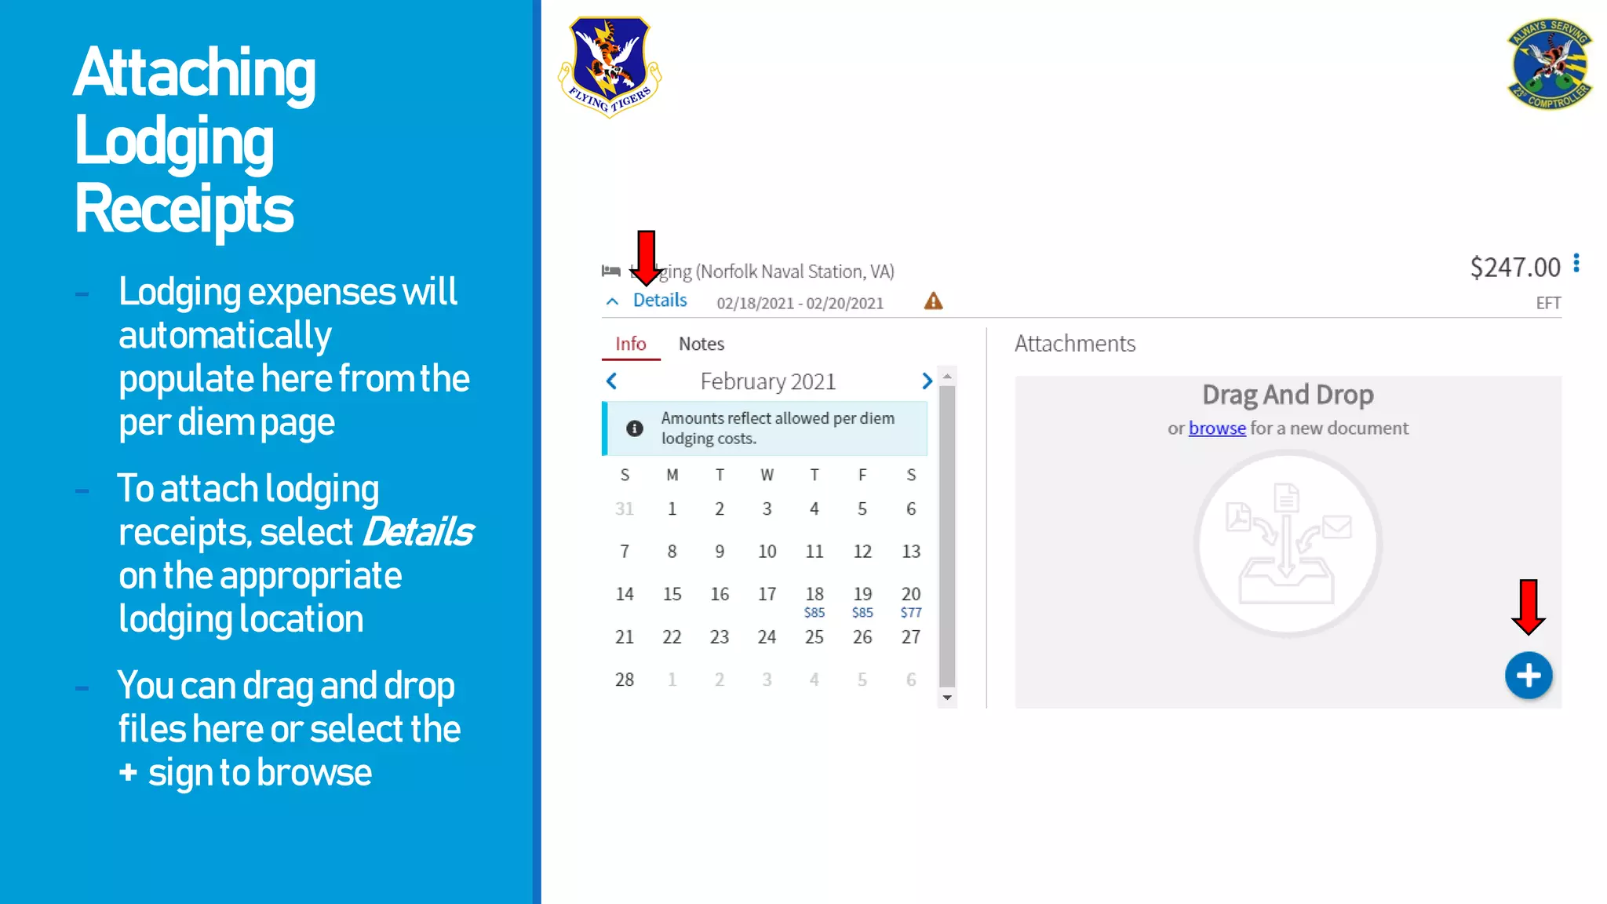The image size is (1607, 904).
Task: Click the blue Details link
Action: pyautogui.click(x=659, y=301)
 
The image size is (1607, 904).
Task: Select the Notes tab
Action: pyautogui.click(x=701, y=344)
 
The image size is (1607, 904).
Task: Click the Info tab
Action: pyautogui.click(x=630, y=344)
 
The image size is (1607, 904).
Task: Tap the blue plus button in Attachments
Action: pyautogui.click(x=1528, y=675)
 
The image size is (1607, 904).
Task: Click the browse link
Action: pyautogui.click(x=1216, y=428)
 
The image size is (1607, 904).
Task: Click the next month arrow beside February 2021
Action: pyautogui.click(x=927, y=381)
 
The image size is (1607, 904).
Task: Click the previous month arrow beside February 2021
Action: pyautogui.click(x=612, y=381)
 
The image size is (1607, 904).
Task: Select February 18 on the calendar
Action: pyautogui.click(x=814, y=594)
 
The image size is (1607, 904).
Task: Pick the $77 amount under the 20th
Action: pyautogui.click(x=910, y=613)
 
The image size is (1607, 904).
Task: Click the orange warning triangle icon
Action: pyautogui.click(x=933, y=301)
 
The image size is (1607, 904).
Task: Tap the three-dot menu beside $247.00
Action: pyautogui.click(x=1576, y=264)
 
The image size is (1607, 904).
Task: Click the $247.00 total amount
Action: pyautogui.click(x=1514, y=268)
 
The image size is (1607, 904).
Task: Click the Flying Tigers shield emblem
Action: pyautogui.click(x=610, y=66)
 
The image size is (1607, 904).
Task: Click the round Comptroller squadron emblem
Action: pyautogui.click(x=1549, y=64)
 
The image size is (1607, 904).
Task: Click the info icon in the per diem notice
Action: pyautogui.click(x=634, y=428)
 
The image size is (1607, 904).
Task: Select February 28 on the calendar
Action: pyautogui.click(x=624, y=680)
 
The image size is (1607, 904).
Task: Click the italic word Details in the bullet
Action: pyautogui.click(x=417, y=533)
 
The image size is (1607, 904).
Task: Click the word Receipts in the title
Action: pyautogui.click(x=184, y=210)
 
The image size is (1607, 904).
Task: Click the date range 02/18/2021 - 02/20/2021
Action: pyautogui.click(x=800, y=304)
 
